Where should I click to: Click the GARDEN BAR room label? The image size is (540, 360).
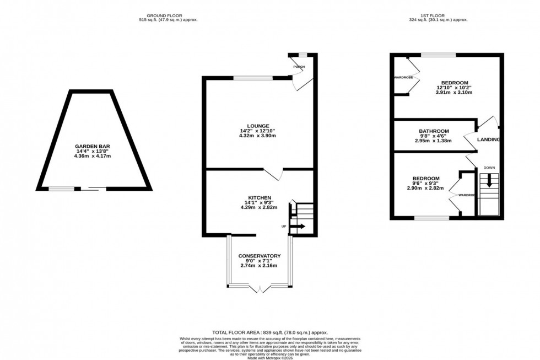[x=93, y=146]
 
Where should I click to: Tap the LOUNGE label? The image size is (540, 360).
[x=259, y=126]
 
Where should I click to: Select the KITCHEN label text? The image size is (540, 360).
[x=259, y=197]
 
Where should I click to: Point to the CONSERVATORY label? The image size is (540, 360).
[x=259, y=256]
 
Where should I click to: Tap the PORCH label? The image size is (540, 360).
[x=299, y=67]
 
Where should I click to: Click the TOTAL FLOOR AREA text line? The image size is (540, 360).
[x=269, y=332]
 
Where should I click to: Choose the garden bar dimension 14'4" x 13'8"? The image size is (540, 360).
[x=93, y=151]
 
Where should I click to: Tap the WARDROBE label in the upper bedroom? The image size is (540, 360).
[x=403, y=78]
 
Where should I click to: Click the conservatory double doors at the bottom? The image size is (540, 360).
[x=259, y=288]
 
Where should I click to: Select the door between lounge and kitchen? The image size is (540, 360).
[x=273, y=174]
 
